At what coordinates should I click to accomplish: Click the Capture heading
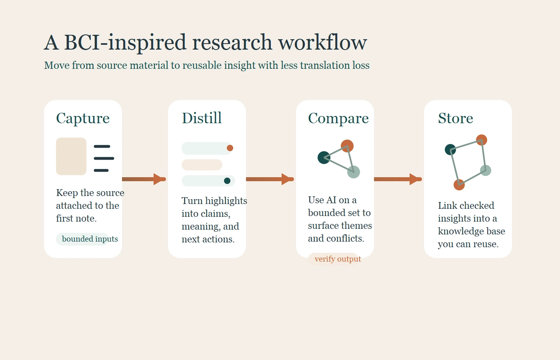(83, 118)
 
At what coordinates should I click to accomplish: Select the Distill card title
(202, 118)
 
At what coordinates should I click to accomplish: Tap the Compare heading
(338, 118)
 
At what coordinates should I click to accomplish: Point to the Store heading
(455, 118)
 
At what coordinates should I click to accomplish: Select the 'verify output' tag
(338, 259)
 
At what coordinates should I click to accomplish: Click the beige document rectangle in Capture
(71, 156)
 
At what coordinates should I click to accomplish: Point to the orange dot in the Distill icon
(230, 148)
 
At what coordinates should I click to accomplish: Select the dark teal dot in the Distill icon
(227, 181)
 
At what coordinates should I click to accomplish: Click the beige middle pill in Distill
(202, 165)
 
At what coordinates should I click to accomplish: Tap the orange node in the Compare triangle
(347, 146)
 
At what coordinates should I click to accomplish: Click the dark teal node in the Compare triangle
(324, 158)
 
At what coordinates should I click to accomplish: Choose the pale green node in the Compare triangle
(354, 172)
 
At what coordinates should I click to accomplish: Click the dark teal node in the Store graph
(450, 150)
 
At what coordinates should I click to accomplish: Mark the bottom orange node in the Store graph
(459, 185)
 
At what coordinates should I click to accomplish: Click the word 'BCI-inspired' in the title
(125, 42)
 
